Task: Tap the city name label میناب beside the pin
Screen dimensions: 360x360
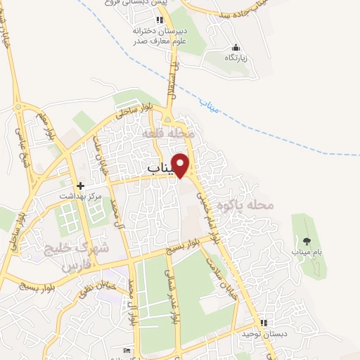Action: click(161, 169)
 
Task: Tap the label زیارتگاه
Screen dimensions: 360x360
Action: click(235, 58)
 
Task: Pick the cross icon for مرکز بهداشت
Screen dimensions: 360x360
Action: click(82, 186)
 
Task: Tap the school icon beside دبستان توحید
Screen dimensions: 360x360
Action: click(263, 321)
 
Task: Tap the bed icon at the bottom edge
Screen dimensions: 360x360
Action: click(127, 350)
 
